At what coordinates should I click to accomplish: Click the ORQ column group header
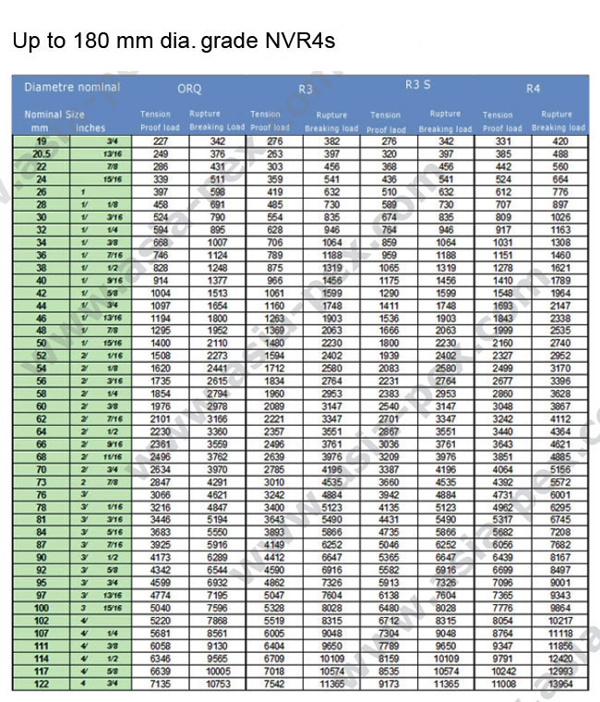coord(189,90)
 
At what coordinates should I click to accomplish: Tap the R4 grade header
coord(534,89)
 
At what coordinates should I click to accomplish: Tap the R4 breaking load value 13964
coord(560,684)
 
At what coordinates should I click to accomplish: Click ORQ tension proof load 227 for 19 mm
coord(160,140)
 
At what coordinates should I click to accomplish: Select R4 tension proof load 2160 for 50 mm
coord(502,343)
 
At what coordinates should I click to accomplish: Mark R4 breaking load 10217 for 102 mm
coord(560,621)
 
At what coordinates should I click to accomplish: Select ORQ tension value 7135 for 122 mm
coord(160,684)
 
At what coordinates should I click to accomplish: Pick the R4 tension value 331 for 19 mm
coord(502,140)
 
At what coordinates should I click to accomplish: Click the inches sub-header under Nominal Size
coord(90,127)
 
